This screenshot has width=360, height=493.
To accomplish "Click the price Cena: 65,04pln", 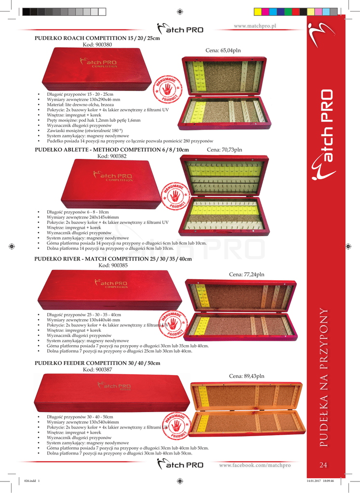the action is pyautogui.click(x=224, y=50).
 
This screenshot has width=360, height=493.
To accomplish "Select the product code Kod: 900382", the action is pyautogui.click(x=112, y=156).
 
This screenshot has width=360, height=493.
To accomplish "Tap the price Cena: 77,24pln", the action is pyautogui.click(x=247, y=274).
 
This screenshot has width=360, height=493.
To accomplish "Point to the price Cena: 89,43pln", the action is pyautogui.click(x=247, y=376).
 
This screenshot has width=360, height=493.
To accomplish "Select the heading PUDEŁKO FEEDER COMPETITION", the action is pyautogui.click(x=98, y=363).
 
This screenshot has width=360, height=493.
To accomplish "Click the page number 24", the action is pyautogui.click(x=323, y=465).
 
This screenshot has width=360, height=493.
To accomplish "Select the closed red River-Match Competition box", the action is pyautogui.click(x=109, y=290).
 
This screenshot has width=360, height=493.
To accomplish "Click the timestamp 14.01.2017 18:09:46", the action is pyautogui.click(x=320, y=480).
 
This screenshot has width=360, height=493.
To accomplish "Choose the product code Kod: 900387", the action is pyautogui.click(x=97, y=370).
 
